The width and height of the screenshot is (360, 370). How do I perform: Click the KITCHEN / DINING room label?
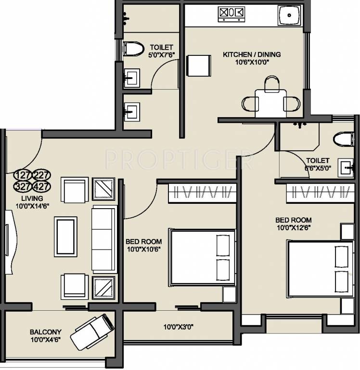click(252, 54)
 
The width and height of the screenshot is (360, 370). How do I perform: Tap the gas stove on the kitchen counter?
click(231, 14)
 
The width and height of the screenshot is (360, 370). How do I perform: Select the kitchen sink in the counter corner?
click(290, 15)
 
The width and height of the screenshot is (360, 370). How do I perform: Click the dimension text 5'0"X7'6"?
click(162, 55)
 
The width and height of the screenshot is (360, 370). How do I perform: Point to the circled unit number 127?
click(23, 175)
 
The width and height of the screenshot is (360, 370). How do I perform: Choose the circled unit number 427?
click(41, 186)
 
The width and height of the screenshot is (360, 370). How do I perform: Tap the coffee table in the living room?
click(65, 237)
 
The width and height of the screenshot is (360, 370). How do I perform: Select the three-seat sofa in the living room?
click(104, 239)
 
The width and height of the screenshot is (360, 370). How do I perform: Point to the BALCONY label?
click(46, 332)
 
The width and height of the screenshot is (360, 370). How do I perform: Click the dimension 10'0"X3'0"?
click(179, 327)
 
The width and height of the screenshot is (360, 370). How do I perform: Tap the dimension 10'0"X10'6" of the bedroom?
click(144, 249)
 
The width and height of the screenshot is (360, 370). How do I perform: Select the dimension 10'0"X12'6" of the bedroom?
click(294, 228)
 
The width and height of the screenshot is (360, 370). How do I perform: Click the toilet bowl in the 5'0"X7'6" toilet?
click(133, 49)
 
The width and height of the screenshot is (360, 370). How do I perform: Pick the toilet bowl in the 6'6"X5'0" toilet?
click(344, 139)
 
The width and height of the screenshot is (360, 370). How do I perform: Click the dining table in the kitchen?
click(271, 104)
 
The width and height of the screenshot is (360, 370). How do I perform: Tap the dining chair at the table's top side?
click(272, 84)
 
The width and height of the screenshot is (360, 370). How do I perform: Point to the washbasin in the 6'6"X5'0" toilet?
click(346, 168)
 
